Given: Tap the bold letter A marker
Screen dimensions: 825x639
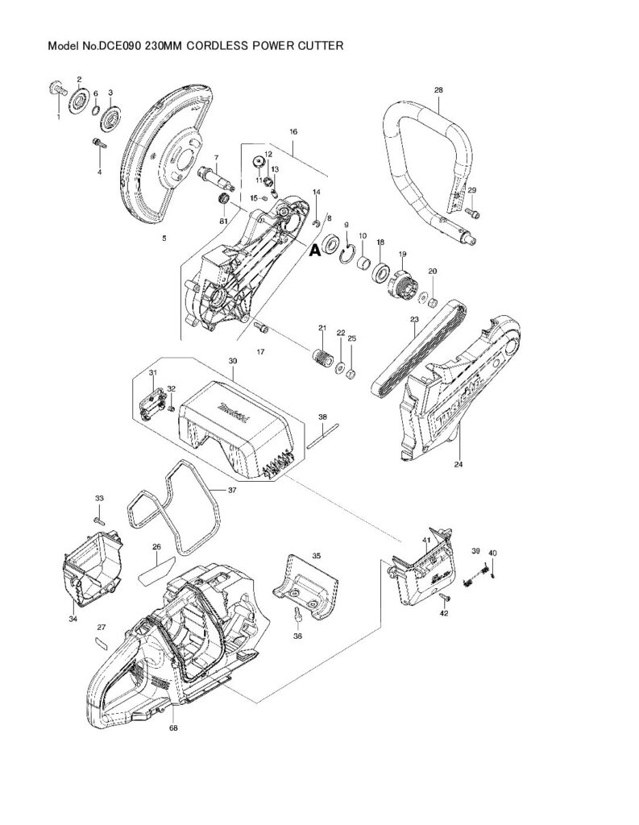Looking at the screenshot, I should [315, 251].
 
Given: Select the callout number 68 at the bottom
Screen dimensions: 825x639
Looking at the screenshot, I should [172, 728].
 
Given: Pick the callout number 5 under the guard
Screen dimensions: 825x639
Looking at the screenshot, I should [164, 238].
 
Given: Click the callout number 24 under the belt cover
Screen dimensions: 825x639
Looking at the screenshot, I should [459, 464].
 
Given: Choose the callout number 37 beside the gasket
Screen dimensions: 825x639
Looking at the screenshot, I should [232, 490].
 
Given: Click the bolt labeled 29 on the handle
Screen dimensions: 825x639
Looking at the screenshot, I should [473, 213].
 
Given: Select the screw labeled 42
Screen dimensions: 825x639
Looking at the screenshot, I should [444, 598].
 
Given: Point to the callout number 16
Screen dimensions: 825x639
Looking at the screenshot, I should [293, 131].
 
